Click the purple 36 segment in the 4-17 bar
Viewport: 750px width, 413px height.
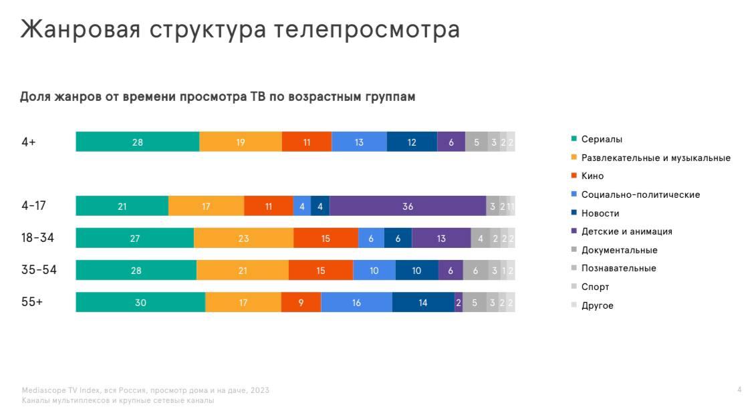(408, 206)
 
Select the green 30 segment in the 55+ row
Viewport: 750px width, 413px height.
(140, 303)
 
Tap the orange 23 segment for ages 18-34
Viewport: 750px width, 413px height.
(243, 239)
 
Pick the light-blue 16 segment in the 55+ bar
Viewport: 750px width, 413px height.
(356, 303)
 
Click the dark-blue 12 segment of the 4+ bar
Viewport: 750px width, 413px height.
(412, 142)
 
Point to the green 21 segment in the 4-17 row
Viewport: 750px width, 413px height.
(122, 206)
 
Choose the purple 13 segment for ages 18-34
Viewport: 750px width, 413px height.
(441, 239)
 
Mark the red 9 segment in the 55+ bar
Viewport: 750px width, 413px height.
(301, 303)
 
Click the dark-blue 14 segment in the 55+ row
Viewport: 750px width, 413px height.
(423, 303)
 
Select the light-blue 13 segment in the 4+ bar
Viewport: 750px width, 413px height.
(359, 142)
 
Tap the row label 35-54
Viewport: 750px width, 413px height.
(39, 270)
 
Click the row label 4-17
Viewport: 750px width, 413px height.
(33, 206)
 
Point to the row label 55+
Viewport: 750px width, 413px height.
(32, 302)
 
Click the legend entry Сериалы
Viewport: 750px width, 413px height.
(602, 140)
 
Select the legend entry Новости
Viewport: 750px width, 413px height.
(600, 213)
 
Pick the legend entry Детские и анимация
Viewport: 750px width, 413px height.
(626, 232)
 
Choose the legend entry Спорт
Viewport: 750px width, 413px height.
(595, 287)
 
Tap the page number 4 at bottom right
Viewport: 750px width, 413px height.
(739, 390)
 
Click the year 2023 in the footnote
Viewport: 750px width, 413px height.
(260, 390)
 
